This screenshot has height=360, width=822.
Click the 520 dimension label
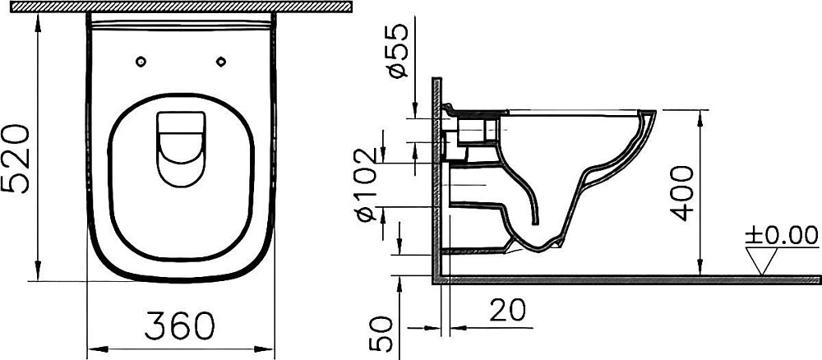pyautogui.click(x=15, y=159)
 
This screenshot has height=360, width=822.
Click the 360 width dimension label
pyautogui.click(x=180, y=325)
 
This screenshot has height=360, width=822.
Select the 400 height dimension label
pyautogui.click(x=681, y=193)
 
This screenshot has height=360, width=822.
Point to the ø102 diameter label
pyautogui.click(x=367, y=184)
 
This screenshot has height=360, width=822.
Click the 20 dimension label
pyautogui.click(x=507, y=310)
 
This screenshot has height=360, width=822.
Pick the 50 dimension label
pyautogui.click(x=381, y=333)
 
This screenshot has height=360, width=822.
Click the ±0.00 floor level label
pyautogui.click(x=782, y=235)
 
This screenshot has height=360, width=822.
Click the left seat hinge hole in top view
pyautogui.click(x=141, y=62)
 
